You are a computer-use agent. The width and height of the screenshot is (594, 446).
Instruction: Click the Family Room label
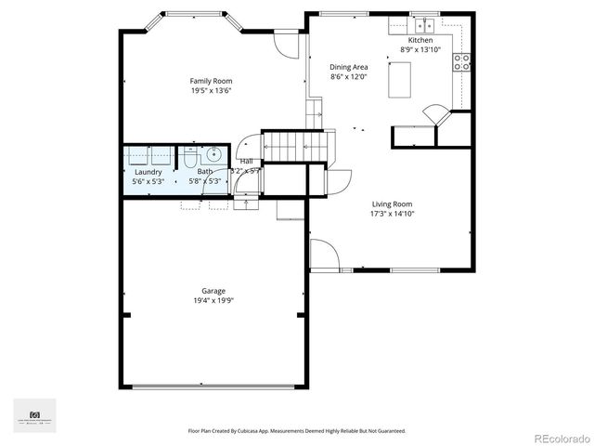210,81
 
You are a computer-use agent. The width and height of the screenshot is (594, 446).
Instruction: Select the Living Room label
393,203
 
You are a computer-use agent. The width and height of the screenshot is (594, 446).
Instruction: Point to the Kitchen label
420,40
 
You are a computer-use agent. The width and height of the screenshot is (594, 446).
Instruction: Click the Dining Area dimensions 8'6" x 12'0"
349,76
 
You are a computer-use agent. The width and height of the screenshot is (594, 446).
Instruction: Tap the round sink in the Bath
212,155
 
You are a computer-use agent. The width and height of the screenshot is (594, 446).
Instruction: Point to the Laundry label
148,172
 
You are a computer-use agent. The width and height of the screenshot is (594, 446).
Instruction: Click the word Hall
246,162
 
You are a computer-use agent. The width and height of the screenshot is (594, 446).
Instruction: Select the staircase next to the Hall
293,147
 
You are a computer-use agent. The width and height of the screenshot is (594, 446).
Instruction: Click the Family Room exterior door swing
287,43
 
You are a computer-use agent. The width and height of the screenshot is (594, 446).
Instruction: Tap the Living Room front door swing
322,253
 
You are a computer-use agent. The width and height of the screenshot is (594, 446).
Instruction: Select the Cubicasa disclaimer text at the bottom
296,431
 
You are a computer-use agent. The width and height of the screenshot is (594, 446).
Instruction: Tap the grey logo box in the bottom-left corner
34,414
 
